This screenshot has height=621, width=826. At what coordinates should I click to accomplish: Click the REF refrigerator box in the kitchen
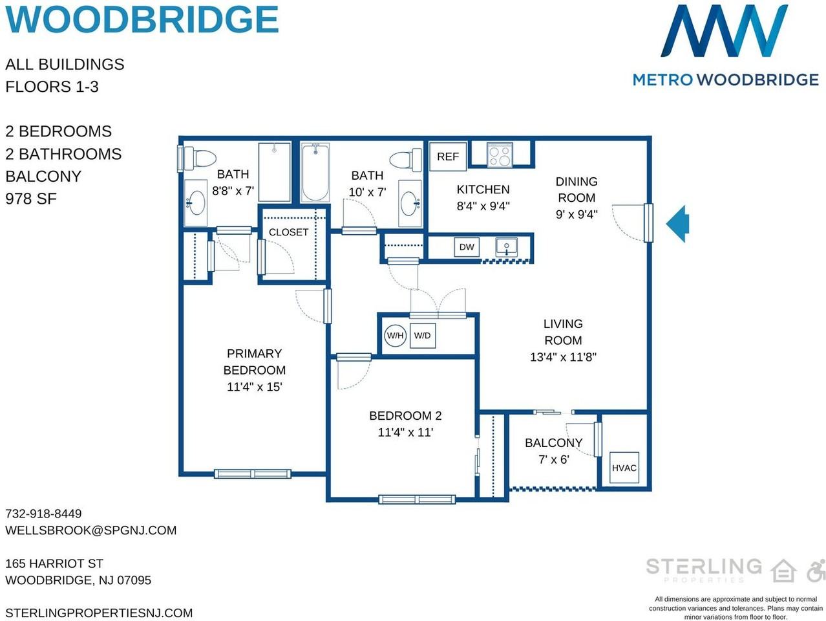coord(447,157)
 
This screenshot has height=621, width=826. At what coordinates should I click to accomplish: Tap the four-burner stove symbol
coord(500,155)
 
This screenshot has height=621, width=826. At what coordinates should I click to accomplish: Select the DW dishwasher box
coord(466,247)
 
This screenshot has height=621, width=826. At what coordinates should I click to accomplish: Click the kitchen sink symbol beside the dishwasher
coord(506,247)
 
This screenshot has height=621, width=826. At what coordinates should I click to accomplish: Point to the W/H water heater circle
coord(396,336)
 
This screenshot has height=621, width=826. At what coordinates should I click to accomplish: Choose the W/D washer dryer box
coord(423,336)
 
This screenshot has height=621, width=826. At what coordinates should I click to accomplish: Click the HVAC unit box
coord(624,468)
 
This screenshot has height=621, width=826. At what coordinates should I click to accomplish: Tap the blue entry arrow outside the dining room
coord(677,224)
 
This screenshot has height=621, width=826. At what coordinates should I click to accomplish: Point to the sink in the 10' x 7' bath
coord(410,203)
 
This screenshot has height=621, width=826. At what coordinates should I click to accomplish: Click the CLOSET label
coord(288,232)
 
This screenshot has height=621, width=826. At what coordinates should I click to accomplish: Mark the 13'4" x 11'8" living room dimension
coord(563,356)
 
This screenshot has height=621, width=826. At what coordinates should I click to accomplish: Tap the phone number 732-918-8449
coord(43,514)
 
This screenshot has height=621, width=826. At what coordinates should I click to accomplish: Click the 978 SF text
coord(31,199)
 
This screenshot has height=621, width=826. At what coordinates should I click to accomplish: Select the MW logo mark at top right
coord(725,31)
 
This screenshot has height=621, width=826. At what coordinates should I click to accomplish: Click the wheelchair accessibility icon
coord(816,571)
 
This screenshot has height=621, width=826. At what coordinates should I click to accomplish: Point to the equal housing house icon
coord(783,571)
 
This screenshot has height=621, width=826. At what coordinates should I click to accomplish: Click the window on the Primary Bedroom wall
coord(253,474)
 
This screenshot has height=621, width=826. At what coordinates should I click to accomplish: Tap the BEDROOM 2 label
coord(405,415)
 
